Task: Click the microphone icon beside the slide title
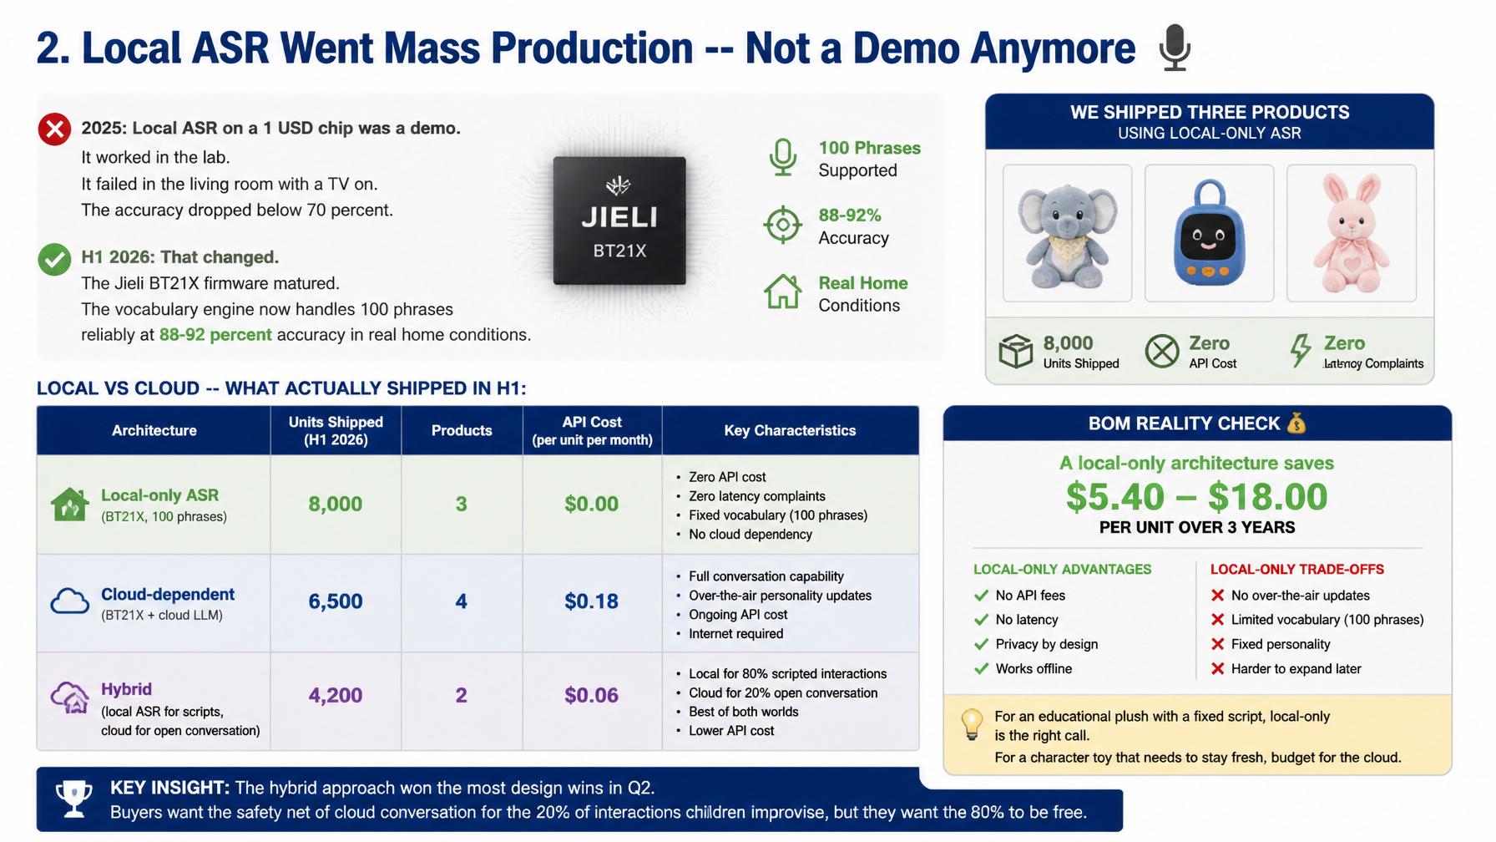click(x=1175, y=48)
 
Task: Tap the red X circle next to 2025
click(x=54, y=129)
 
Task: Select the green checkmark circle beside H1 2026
click(x=54, y=259)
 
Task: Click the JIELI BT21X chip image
click(x=619, y=221)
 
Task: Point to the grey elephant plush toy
click(x=1067, y=233)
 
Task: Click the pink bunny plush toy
click(x=1352, y=233)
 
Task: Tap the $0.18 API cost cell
click(x=591, y=601)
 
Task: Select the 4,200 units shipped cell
click(x=336, y=695)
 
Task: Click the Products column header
click(x=462, y=430)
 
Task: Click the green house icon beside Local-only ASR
click(x=69, y=505)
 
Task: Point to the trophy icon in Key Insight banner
click(x=73, y=799)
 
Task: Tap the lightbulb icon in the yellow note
click(x=972, y=724)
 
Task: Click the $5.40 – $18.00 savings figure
click(x=1196, y=497)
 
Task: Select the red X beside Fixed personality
click(x=1217, y=644)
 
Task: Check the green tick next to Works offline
click(x=981, y=668)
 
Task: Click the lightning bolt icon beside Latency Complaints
click(x=1300, y=351)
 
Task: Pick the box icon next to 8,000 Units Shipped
click(x=1016, y=351)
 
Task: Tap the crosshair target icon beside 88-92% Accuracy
click(x=783, y=225)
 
